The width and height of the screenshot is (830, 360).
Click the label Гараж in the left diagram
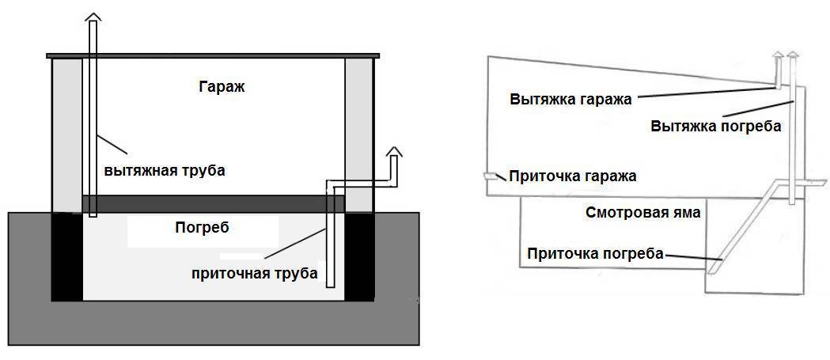[x=222, y=87]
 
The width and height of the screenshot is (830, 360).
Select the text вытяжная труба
[x=165, y=171]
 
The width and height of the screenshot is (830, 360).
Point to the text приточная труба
[x=254, y=274]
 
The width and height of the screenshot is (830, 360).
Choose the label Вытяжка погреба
[x=715, y=127]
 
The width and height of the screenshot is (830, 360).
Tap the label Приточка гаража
[x=573, y=176]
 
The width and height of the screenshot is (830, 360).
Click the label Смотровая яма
[x=643, y=212]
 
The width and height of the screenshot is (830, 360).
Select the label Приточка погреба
[x=594, y=254]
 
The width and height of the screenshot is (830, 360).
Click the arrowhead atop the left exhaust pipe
[x=93, y=17]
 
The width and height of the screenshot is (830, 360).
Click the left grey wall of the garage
[x=66, y=135]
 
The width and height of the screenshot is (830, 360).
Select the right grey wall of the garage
[x=359, y=135]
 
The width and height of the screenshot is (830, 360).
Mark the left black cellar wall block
[x=66, y=257]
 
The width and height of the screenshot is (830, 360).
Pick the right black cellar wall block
[x=361, y=257]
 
